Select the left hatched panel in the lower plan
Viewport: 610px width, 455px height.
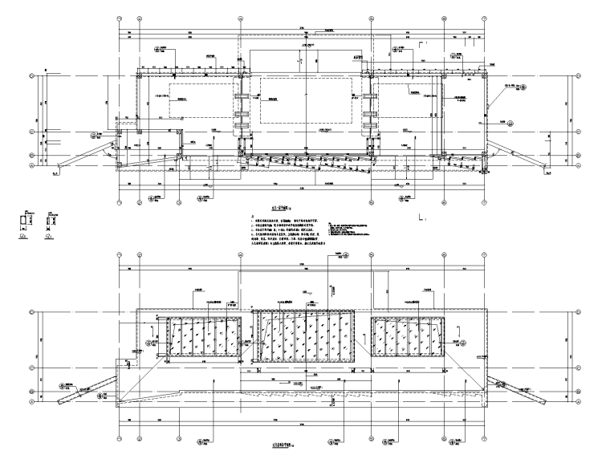204,336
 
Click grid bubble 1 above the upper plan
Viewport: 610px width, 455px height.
119,17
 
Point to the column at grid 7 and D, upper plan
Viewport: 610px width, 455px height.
488,75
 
